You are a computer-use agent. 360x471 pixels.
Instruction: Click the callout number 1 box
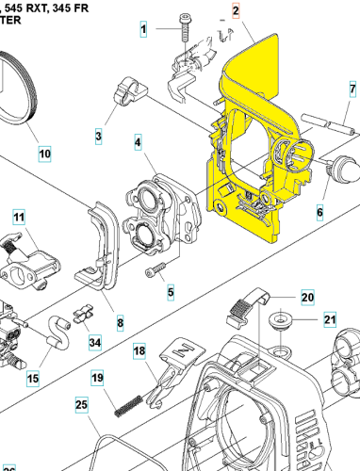pyautogui.click(x=144, y=30)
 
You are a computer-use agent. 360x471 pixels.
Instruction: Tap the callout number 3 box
pyautogui.click(x=98, y=138)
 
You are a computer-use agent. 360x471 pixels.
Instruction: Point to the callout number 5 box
pyautogui.click(x=171, y=293)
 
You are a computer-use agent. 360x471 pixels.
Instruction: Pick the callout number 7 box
pyautogui.click(x=350, y=90)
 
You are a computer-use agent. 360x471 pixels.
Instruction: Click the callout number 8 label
pyautogui.click(x=120, y=323)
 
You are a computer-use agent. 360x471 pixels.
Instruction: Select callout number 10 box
pyautogui.click(x=44, y=153)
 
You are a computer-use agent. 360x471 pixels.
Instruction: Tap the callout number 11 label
pyautogui.click(x=18, y=219)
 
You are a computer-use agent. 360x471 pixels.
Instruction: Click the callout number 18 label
pyautogui.click(x=139, y=351)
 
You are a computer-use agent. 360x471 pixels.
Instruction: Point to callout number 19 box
pyautogui.click(x=97, y=379)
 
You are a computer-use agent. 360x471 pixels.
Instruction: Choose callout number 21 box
pyautogui.click(x=329, y=319)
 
